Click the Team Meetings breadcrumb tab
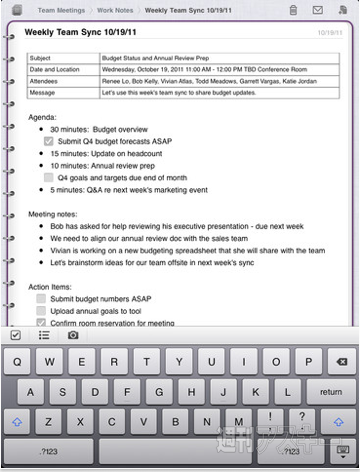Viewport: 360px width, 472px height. [61, 9]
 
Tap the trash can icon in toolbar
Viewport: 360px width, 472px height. [292, 9]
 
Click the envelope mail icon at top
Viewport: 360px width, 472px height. [317, 9]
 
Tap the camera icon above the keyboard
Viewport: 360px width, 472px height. [73, 335]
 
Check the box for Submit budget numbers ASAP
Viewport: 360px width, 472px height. [40, 298]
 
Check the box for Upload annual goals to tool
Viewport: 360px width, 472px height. [40, 311]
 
